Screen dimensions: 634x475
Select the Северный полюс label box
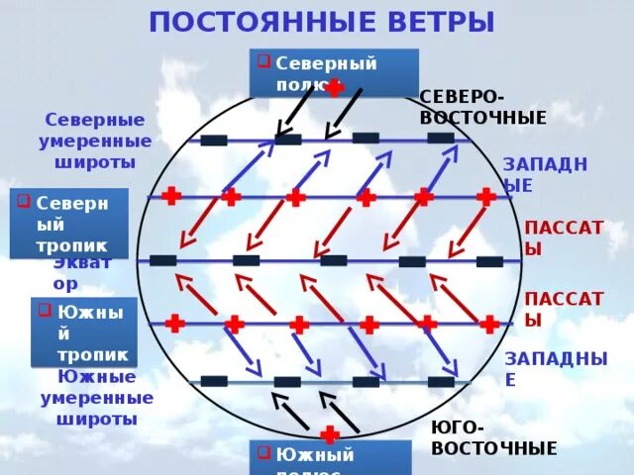(x=333, y=73)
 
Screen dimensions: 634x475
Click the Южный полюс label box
(x=330, y=459)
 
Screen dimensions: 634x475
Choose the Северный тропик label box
(x=69, y=224)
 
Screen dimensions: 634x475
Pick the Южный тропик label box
(x=84, y=332)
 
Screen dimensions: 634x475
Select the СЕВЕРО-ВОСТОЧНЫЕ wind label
(x=483, y=107)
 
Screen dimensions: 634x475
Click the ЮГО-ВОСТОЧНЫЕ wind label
(x=493, y=437)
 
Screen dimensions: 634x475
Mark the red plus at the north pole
(x=336, y=88)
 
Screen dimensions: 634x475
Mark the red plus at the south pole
(x=330, y=434)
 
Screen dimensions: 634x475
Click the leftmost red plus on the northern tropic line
(x=170, y=196)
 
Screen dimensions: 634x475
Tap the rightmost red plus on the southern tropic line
(x=489, y=324)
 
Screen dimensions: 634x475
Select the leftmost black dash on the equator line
(x=162, y=260)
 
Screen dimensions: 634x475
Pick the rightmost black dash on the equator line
(x=489, y=261)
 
